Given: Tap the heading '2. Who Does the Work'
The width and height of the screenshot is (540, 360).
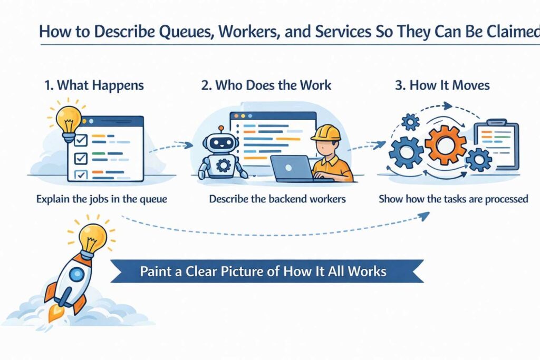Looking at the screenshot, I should point(266,85).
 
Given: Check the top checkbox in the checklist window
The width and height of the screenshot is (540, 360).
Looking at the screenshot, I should point(81,140).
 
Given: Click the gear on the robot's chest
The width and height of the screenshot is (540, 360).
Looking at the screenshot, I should point(224,166).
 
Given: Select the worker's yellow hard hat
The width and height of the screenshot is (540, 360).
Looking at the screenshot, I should point(325,132).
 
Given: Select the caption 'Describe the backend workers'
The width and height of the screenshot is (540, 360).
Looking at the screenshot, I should point(277,199).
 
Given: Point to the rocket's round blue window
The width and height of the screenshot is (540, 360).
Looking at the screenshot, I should point(77,274).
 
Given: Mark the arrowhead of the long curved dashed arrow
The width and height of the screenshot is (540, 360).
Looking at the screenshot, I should point(425,215).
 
